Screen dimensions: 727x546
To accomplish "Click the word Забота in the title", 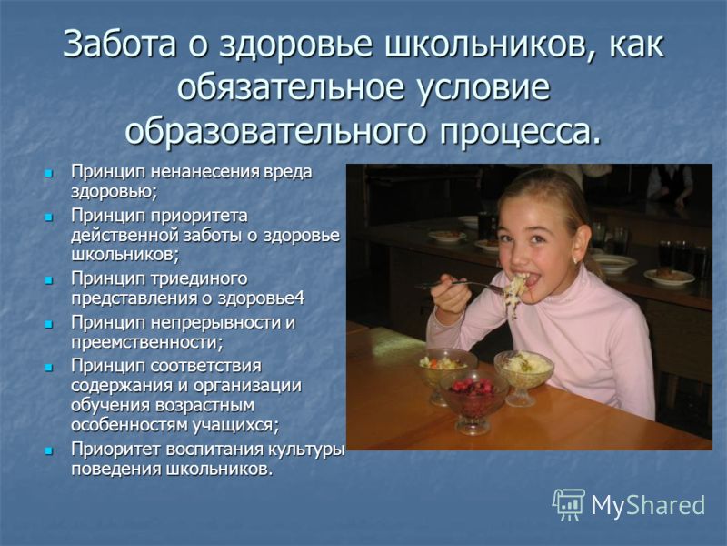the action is (120, 44).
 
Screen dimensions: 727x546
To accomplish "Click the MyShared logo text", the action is (648, 504).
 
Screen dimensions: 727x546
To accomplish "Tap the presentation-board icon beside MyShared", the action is (569, 504).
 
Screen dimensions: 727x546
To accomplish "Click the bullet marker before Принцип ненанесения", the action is (48, 174).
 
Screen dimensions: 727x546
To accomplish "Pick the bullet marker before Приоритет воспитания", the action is (48, 450).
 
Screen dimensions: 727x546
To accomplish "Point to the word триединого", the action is (199, 279).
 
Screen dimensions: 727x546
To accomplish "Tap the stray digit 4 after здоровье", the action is (300, 298).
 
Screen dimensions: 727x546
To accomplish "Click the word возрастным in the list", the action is (205, 405).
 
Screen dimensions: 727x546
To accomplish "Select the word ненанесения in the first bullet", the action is (206, 172).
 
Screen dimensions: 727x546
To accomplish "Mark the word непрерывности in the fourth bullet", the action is (214, 322).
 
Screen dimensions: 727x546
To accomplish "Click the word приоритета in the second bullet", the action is (199, 217).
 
